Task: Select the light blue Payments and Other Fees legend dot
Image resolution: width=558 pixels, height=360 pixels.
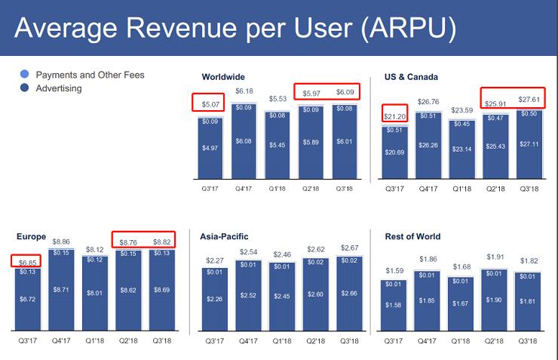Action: click(26, 75)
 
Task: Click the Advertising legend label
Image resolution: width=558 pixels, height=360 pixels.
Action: click(59, 88)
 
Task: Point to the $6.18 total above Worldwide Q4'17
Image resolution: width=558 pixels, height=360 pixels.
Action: click(245, 92)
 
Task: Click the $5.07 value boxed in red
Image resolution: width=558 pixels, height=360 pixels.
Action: click(210, 104)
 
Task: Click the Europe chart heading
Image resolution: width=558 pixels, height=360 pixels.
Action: click(31, 236)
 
